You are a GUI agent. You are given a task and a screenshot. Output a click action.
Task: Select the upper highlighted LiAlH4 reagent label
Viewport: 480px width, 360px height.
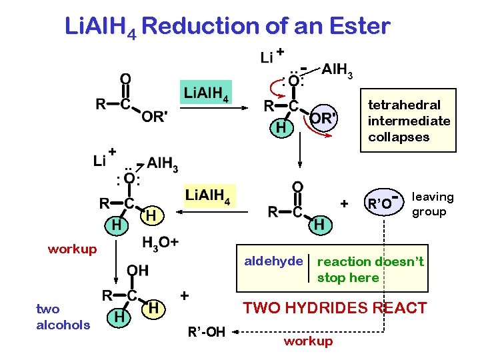[x=206, y=93]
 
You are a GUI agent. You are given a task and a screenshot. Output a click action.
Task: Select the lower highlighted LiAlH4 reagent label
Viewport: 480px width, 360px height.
[x=207, y=196]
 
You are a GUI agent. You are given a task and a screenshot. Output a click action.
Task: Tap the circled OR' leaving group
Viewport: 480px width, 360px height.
[x=323, y=118]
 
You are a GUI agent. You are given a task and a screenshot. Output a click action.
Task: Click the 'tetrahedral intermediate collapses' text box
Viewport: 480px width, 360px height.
[x=409, y=121]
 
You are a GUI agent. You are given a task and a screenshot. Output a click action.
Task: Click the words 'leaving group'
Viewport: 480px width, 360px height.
[x=432, y=204]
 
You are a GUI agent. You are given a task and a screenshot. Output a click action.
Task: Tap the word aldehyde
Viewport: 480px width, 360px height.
[x=273, y=261]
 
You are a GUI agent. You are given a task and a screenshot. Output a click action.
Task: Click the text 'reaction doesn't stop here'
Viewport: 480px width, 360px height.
[x=370, y=269]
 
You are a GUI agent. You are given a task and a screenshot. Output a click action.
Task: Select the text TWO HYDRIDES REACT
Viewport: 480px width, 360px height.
[x=334, y=308]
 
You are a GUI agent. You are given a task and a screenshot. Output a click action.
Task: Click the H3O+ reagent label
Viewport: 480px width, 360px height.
[x=160, y=241]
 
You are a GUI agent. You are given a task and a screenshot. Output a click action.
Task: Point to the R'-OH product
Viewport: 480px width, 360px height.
[x=207, y=331]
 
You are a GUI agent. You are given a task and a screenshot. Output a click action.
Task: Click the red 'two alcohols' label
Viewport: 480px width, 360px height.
[x=63, y=317]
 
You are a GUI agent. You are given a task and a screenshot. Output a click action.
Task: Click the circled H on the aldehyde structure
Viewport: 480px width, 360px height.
[x=319, y=225]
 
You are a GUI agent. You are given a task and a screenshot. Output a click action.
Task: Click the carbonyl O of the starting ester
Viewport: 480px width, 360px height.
[x=125, y=78]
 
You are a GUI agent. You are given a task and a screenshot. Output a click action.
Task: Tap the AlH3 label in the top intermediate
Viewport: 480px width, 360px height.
[x=337, y=69]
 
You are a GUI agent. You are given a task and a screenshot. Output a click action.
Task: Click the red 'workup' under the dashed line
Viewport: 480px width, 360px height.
[x=307, y=341]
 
